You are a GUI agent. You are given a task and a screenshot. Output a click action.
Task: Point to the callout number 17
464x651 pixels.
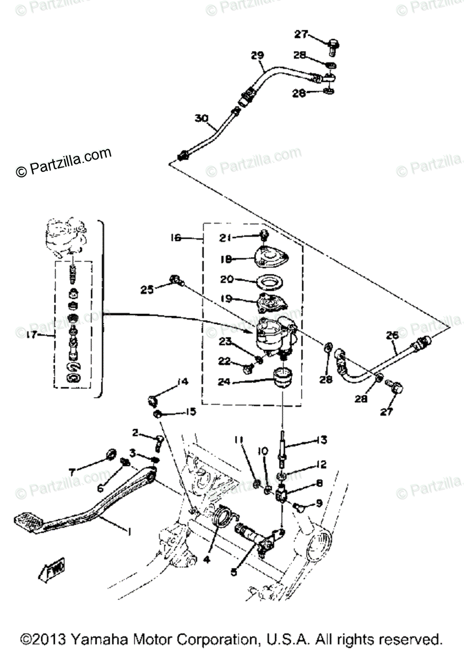[31, 335]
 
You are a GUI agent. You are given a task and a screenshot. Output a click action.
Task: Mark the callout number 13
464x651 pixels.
[322, 441]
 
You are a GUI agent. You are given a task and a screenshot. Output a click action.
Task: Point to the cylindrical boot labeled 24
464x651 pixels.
[282, 376]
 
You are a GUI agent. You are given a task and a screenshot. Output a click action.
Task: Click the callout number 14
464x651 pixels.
[182, 382]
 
